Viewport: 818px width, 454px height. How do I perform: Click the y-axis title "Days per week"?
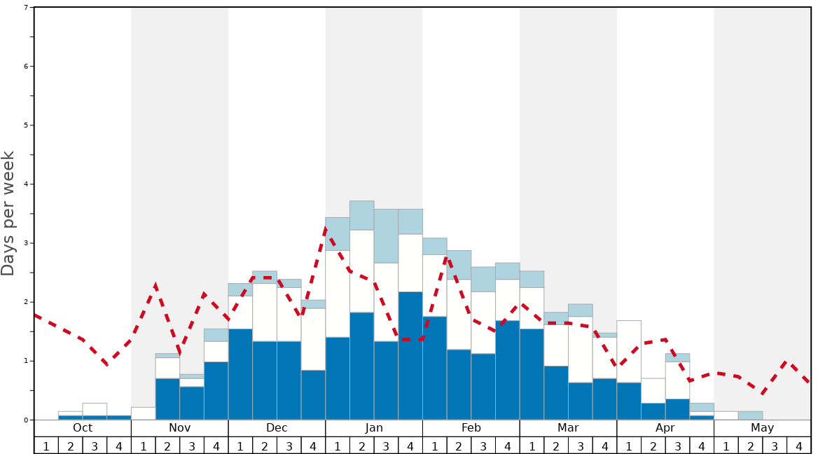click(x=8, y=213)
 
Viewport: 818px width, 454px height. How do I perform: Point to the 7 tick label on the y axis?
click(x=26, y=8)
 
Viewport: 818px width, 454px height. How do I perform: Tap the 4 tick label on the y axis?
click(x=26, y=184)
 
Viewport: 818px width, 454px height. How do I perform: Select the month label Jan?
click(x=374, y=428)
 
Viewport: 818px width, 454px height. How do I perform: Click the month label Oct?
click(x=83, y=428)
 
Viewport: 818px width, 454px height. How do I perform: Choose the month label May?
click(x=763, y=428)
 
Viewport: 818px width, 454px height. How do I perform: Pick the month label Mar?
click(x=568, y=428)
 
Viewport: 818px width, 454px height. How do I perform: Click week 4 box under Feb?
click(x=508, y=446)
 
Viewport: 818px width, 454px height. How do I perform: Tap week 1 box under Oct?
click(x=46, y=446)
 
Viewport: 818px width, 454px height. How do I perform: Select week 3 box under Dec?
click(x=289, y=446)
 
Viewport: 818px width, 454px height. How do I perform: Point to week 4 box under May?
click(x=799, y=446)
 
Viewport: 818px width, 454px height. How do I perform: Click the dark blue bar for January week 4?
click(x=410, y=356)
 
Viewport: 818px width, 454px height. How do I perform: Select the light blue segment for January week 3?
click(x=386, y=236)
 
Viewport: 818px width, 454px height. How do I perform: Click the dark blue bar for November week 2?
click(x=167, y=399)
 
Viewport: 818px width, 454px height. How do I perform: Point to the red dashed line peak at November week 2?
click(x=155, y=285)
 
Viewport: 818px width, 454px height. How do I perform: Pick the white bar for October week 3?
click(x=95, y=409)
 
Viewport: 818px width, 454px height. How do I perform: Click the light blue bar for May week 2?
click(x=750, y=415)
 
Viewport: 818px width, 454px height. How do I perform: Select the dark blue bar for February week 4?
click(x=508, y=370)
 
